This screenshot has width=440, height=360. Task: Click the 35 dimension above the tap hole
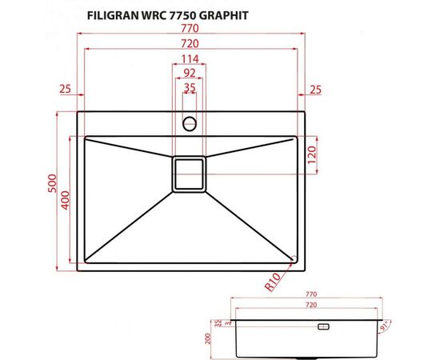point(189,88)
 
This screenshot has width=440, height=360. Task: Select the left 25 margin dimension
point(65,88)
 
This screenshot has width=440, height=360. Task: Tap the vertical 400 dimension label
point(67,200)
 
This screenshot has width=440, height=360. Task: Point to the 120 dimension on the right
point(314,157)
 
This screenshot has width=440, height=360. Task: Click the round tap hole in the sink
point(190,123)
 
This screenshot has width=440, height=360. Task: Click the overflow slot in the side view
point(324,327)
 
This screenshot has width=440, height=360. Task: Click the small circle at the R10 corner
point(294,258)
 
